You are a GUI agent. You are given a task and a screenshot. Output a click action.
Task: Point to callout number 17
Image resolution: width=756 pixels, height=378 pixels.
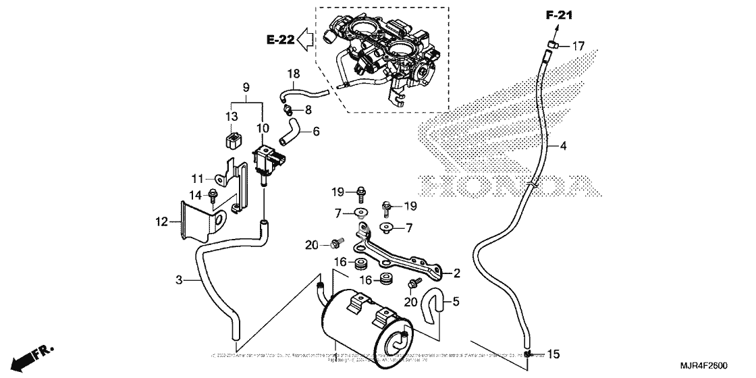(578, 47)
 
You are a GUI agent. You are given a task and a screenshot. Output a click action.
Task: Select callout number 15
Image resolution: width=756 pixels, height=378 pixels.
(553, 354)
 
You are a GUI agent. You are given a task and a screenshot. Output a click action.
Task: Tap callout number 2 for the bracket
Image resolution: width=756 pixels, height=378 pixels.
(457, 273)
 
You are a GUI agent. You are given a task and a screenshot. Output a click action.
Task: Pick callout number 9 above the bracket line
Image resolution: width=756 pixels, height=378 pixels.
(246, 87)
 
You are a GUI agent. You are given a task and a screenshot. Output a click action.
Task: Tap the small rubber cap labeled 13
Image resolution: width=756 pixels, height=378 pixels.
(232, 141)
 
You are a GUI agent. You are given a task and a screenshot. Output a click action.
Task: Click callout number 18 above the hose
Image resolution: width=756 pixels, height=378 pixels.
(294, 73)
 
